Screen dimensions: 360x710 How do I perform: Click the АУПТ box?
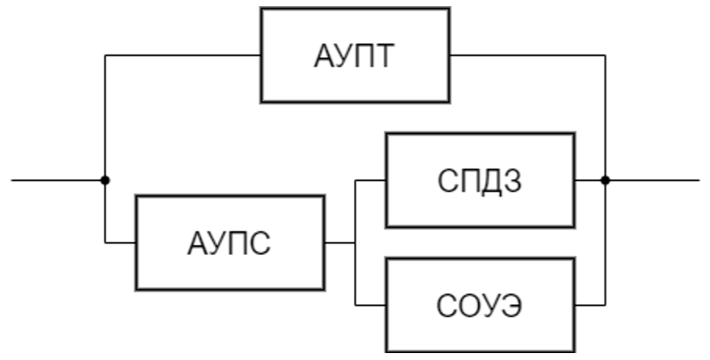pos(356,56)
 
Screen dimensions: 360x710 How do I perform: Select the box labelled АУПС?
pos(229,242)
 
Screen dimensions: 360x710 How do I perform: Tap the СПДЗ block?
pos(480,181)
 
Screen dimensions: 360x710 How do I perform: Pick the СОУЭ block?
pos(480,305)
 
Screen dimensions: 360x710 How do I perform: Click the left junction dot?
pos(105,180)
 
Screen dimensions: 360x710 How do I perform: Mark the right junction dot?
pos(606,180)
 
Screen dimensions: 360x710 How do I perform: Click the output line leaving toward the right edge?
pos(653,180)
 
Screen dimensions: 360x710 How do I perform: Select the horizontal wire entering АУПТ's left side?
pos(183,56)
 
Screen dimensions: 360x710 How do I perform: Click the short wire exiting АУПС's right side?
pos(339,242)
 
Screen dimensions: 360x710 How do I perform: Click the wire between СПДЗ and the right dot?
pos(589,180)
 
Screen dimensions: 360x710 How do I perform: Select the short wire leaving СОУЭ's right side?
pos(589,305)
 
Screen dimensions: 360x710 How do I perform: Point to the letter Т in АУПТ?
pos(386,57)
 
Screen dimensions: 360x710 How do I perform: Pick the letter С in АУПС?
pos(259,243)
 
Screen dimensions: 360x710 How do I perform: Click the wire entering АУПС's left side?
pos(120,242)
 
